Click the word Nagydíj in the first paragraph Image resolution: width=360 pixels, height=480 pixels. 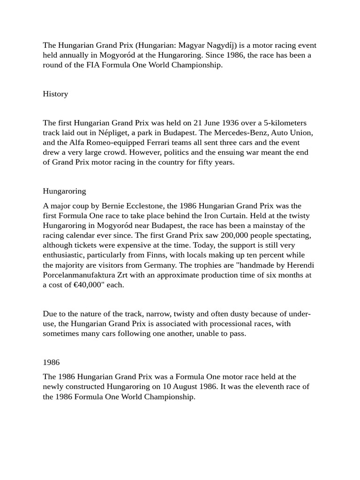pos(220,45)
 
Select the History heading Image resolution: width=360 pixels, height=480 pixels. pos(55,94)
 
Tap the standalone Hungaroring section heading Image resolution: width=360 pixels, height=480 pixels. pos(64,191)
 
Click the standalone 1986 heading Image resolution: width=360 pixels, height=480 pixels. pos(51,362)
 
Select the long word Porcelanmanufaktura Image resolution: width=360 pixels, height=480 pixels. pos(82,275)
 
